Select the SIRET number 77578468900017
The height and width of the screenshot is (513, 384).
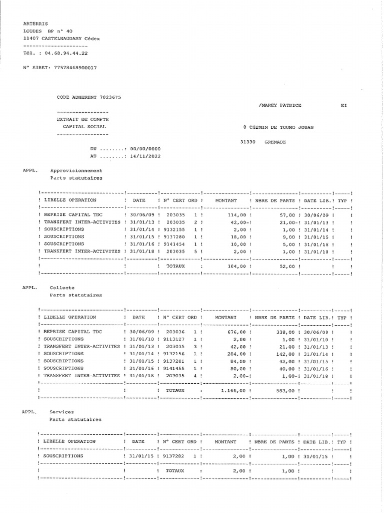click(72, 67)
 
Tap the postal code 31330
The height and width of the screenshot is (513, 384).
click(248, 142)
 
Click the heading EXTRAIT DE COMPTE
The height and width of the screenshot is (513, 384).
click(82, 119)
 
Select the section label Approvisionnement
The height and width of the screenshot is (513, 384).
click(76, 170)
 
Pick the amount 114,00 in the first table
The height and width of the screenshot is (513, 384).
click(236, 214)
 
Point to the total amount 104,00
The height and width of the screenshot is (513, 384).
click(236, 266)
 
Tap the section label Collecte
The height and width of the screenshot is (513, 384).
click(62, 288)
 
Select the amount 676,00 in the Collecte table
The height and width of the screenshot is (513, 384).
click(236, 332)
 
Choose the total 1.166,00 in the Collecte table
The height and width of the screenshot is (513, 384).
click(232, 390)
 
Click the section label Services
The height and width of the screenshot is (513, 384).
click(61, 412)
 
